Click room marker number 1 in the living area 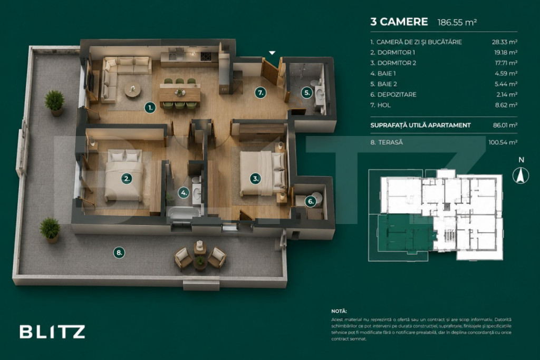pos(150,108)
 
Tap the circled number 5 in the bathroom pos(307,93)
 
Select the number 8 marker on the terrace pos(119,252)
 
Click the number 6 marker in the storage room pos(311,201)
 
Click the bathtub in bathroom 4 pos(184,212)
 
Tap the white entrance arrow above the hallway pos(272,53)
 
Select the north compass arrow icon pos(520,175)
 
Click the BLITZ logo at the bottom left pos(52,332)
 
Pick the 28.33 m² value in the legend pos(504,42)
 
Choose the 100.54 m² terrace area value pos(503,142)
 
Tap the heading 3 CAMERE pos(399,22)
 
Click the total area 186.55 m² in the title pos(457,22)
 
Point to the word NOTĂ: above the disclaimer pos(339,311)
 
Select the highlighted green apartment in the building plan pos(406,233)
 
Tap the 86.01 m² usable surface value pos(505,125)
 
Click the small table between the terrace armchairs pos(200,262)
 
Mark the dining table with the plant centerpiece pos(180,93)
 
